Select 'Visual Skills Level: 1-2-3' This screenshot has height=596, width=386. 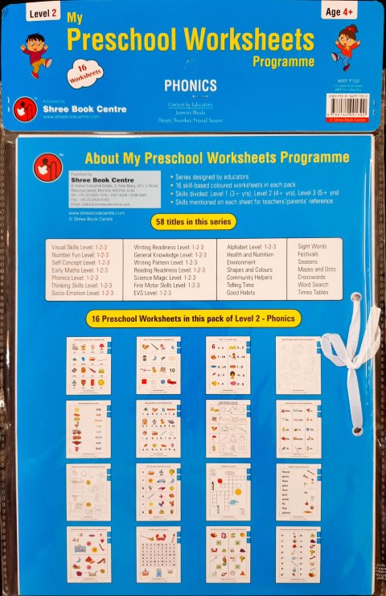click(81, 245)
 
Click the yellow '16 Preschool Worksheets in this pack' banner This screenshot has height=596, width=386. click(192, 319)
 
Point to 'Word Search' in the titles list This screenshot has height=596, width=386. click(314, 285)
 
